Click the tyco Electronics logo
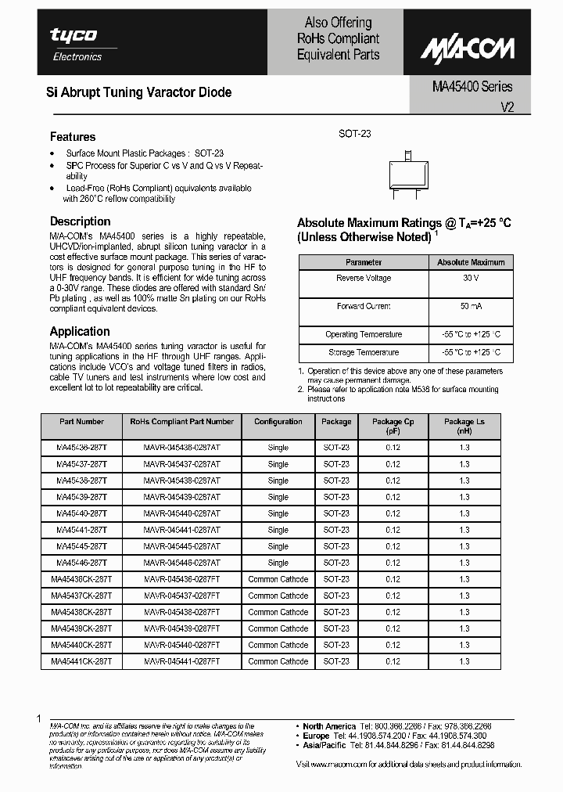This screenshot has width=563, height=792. [75, 44]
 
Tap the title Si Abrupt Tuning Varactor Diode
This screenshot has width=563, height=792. [141, 92]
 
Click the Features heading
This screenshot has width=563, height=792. [73, 136]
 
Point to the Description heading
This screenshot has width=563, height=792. [81, 221]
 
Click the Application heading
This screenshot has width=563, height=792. [80, 331]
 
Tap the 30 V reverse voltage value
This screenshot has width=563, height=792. [470, 278]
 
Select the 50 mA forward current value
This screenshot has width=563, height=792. [470, 306]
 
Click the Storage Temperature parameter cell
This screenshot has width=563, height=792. [364, 352]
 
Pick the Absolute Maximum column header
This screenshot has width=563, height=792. [470, 262]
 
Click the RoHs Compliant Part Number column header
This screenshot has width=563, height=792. [181, 421]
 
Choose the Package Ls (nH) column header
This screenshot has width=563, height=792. [464, 426]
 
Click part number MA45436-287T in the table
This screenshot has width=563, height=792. [82, 448]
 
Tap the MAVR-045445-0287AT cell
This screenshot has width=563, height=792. [181, 546]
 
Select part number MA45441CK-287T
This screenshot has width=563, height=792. [82, 661]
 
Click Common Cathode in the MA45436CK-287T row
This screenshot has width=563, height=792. [278, 579]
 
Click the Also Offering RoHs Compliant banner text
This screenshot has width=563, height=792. [338, 38]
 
